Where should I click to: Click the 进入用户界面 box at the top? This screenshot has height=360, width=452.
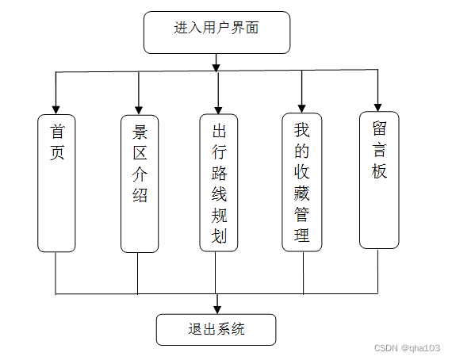[x=216, y=33]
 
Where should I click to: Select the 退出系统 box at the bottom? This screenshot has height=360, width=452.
[x=216, y=329]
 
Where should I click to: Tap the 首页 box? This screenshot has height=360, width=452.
[x=56, y=183]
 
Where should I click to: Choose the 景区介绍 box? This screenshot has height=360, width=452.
[x=140, y=183]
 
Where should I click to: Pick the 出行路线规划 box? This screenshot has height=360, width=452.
[x=219, y=183]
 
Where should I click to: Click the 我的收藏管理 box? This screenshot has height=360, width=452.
[x=302, y=182]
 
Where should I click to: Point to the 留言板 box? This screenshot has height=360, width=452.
[x=379, y=179]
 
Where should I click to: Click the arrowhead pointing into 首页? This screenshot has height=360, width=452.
[x=56, y=109]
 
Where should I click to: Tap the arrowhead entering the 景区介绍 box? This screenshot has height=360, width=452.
[x=140, y=109]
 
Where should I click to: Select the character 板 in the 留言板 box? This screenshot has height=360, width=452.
[x=379, y=170]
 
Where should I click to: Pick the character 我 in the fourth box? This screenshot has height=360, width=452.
[x=302, y=129]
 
